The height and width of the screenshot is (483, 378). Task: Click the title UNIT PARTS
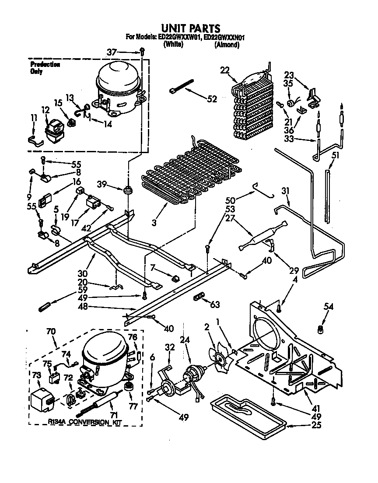point(189,29)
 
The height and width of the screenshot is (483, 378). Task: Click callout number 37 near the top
point(112,52)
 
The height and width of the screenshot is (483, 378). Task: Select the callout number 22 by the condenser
point(225,70)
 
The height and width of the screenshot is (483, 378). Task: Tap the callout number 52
point(212,99)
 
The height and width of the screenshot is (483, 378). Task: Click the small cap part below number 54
point(321,329)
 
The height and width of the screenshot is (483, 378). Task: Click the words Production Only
point(45,68)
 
